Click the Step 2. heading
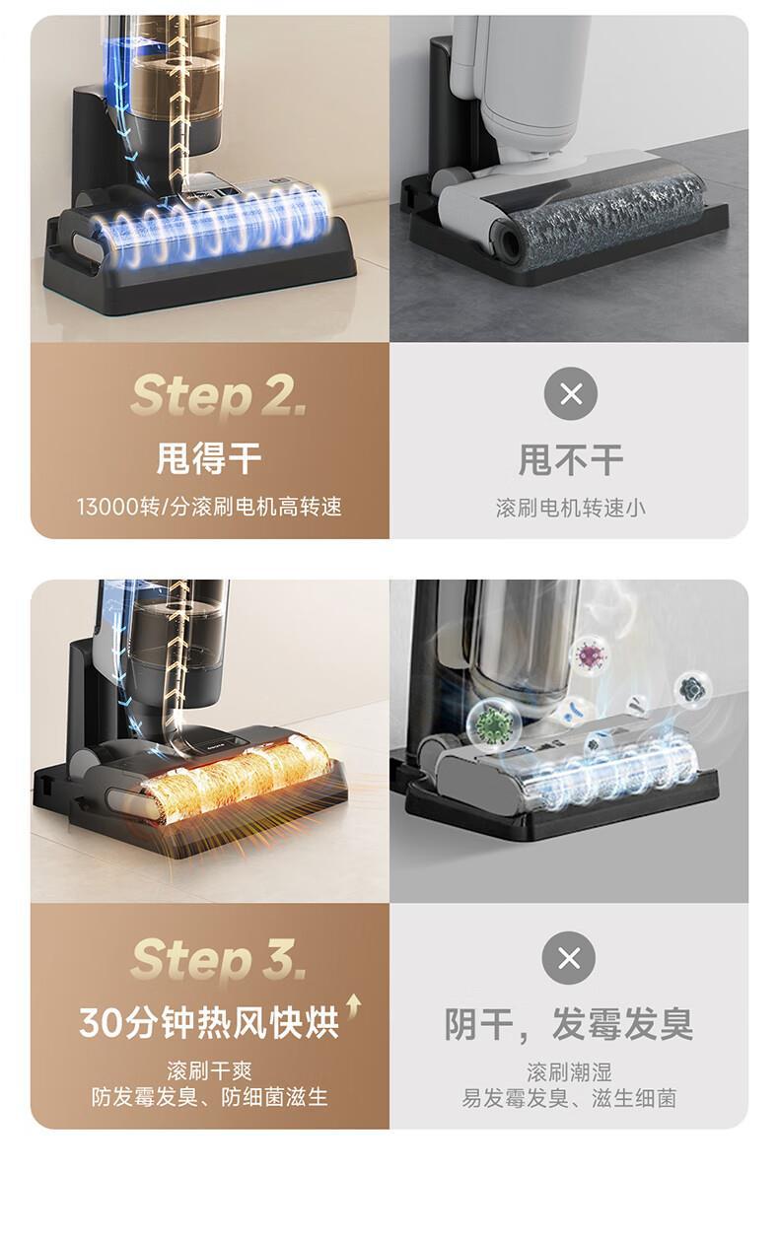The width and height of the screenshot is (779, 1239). pyautogui.click(x=219, y=396)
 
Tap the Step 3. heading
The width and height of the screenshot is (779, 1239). pyautogui.click(x=219, y=960)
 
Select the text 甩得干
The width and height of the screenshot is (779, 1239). pyautogui.click(x=209, y=458)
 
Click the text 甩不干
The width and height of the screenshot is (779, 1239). pyautogui.click(x=570, y=459)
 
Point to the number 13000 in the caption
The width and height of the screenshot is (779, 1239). pyautogui.click(x=107, y=507)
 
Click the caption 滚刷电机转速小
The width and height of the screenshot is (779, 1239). pyautogui.click(x=570, y=508)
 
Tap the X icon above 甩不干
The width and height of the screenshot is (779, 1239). pyautogui.click(x=571, y=394)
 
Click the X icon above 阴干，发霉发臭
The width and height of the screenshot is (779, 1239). pyautogui.click(x=569, y=958)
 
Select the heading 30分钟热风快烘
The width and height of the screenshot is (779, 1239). pyautogui.click(x=209, y=1023)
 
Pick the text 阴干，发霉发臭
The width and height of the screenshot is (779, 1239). pyautogui.click(x=569, y=1024)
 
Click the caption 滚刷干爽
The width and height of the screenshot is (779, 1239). pyautogui.click(x=209, y=1071)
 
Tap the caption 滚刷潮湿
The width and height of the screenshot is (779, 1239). pyautogui.click(x=569, y=1072)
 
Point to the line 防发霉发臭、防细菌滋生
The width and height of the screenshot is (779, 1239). pyautogui.click(x=209, y=1097)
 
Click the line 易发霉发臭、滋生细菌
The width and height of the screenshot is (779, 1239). pyautogui.click(x=569, y=1098)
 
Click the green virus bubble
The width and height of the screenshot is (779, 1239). pyautogui.click(x=494, y=723)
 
